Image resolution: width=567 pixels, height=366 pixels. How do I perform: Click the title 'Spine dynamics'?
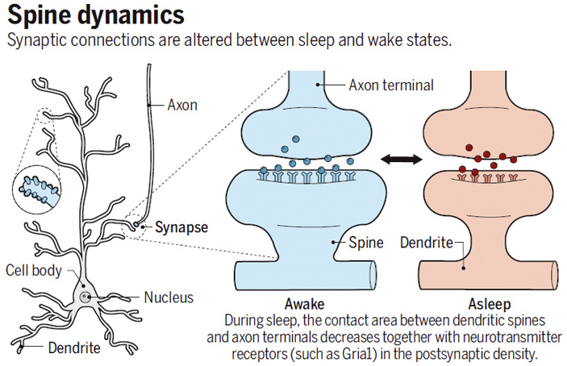[96, 16]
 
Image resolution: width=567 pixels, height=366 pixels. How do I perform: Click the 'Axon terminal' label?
[391, 85]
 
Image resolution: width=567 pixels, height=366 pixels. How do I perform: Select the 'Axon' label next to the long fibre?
[182, 105]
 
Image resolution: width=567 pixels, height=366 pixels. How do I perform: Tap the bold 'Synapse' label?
[181, 227]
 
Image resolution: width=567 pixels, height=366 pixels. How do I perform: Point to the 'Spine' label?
[365, 243]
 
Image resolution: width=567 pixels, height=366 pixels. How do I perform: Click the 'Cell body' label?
[34, 270]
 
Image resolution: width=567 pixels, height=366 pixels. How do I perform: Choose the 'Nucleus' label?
[169, 297]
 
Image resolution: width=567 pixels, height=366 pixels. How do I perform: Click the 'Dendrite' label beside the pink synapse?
[427, 243]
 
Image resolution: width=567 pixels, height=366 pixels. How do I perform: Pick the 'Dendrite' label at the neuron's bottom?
[74, 348]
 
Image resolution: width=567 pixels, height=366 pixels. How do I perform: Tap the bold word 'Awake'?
[305, 304]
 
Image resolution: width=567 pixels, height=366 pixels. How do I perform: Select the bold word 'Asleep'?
[490, 304]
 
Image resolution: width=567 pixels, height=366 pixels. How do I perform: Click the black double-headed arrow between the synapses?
[402, 159]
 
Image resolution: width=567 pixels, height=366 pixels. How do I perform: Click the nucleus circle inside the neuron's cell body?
[85, 297]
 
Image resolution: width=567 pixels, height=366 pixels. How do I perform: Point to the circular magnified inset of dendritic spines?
[36, 189]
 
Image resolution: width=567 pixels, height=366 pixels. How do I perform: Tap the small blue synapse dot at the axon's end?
[136, 225]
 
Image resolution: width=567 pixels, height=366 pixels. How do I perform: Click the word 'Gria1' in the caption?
[357, 354]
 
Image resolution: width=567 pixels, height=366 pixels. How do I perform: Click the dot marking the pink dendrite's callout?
[464, 268]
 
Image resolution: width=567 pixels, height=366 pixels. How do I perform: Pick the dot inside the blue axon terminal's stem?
[318, 85]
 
